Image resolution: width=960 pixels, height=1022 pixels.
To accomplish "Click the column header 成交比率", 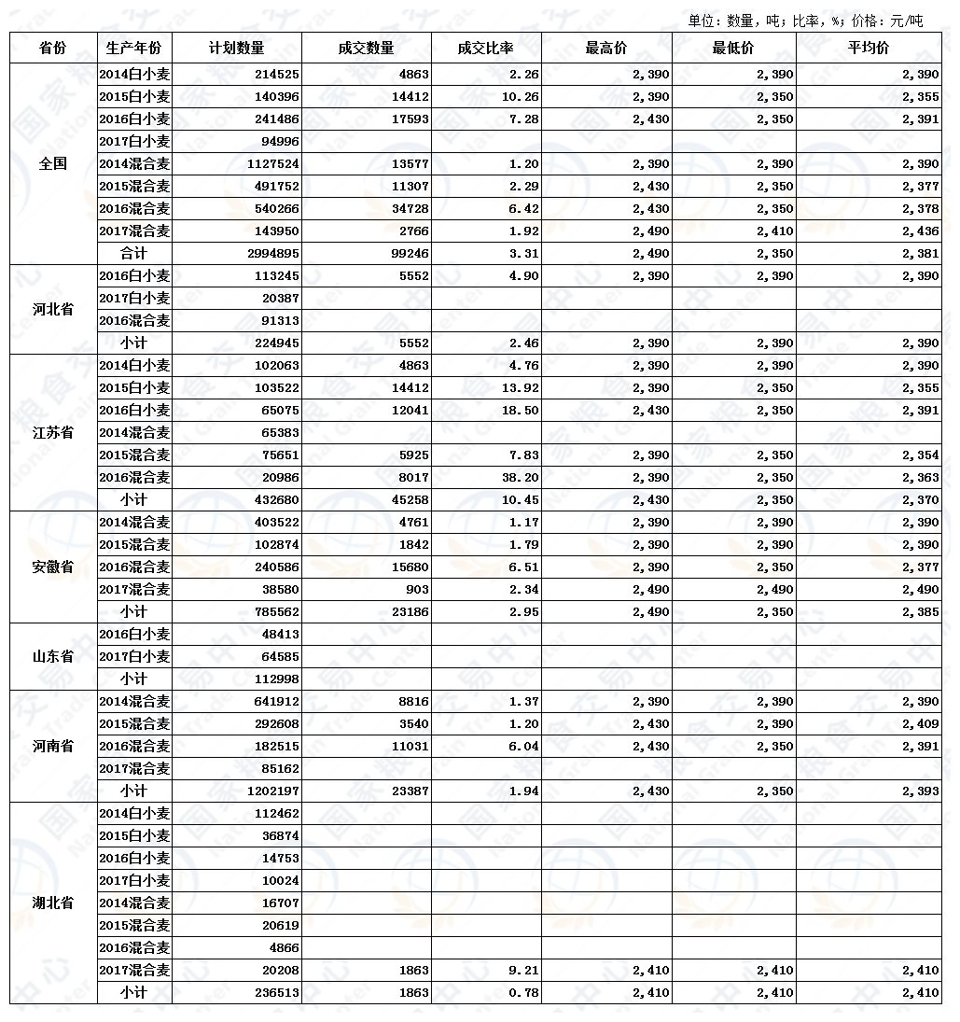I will (485, 49).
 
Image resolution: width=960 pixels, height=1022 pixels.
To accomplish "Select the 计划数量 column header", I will (237, 49).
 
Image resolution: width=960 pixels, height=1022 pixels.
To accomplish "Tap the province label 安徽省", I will (53, 567).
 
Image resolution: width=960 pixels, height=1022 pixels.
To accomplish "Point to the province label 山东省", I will (53, 657).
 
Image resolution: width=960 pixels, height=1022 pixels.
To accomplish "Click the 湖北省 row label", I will (53, 903).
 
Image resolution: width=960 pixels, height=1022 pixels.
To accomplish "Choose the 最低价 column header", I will (733, 49).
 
